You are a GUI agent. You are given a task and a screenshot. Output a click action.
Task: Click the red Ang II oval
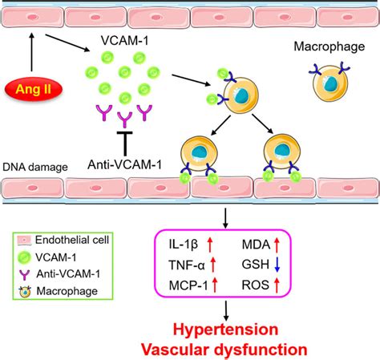34,89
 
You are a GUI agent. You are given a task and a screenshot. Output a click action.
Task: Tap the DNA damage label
35,168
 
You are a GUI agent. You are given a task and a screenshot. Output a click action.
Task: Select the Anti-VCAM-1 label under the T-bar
124,164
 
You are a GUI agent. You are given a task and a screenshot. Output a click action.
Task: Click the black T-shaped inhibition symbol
124,144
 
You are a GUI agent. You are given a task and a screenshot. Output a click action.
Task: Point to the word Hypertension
226,330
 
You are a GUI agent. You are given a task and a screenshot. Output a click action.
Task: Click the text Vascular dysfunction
224,350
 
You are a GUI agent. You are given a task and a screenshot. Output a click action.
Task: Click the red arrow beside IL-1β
210,245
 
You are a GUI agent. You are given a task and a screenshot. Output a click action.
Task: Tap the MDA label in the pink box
256,245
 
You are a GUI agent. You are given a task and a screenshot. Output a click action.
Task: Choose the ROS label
255,285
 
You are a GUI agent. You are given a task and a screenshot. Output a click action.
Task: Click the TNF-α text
187,265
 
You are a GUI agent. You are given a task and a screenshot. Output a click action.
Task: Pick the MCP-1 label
188,285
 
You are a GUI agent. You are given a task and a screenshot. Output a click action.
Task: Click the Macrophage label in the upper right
329,47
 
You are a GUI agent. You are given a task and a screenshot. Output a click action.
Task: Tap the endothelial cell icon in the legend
25,241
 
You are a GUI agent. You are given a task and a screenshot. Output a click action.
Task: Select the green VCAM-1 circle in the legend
25,257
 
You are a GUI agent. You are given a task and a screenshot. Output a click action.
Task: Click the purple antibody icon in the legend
25,275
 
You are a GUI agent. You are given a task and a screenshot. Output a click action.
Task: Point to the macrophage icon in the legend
25,292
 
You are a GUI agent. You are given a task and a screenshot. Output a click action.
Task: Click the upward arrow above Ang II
31,52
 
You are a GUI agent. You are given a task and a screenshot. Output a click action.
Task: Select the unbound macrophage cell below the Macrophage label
330,83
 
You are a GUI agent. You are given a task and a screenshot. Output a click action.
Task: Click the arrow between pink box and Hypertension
226,310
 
